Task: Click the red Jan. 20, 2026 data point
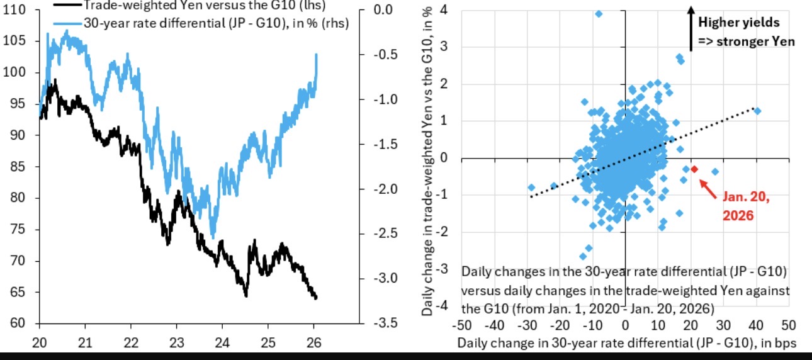(694, 169)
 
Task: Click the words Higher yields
(738, 23)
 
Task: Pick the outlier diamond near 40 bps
(757, 111)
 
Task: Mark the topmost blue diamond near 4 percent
(598, 14)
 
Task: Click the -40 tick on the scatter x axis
(495, 326)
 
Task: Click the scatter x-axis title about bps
(627, 343)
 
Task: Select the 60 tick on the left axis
(19, 324)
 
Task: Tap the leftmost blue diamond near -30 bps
(531, 188)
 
